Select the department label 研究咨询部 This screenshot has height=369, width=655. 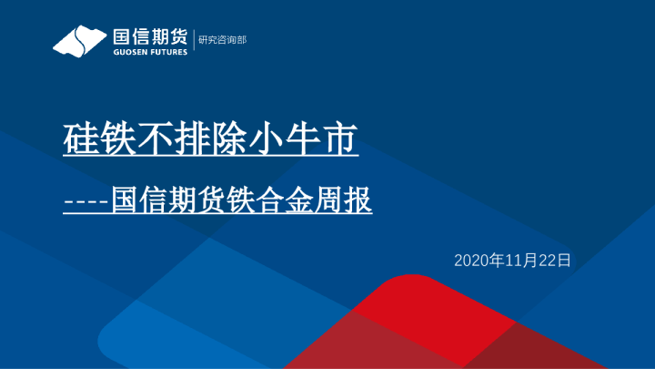click(x=222, y=40)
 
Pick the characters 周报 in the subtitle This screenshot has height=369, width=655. click(x=347, y=200)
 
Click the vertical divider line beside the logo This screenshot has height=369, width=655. click(x=193, y=40)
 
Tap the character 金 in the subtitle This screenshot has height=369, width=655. click(x=294, y=200)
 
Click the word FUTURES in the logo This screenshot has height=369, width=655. click(x=167, y=52)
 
